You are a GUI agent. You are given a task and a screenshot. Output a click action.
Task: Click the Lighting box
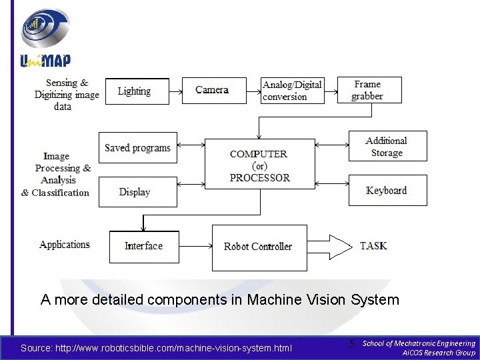point(134,91)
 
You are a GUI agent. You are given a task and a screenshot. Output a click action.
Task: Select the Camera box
point(212,90)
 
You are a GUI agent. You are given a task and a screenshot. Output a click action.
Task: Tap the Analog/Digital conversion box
point(292,91)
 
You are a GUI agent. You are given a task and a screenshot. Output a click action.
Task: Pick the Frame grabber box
point(369,90)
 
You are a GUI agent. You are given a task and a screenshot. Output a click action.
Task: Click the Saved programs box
point(137,148)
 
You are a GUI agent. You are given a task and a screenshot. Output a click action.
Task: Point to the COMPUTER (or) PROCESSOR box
point(259,165)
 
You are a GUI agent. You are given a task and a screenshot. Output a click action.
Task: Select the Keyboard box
point(387,191)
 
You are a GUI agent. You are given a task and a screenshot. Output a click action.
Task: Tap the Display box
point(135,192)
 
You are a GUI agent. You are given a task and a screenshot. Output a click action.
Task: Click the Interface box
point(143,246)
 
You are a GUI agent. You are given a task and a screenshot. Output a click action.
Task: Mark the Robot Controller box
point(259,247)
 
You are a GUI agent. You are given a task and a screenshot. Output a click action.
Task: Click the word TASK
point(373,246)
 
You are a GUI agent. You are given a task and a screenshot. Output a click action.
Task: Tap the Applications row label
point(65,245)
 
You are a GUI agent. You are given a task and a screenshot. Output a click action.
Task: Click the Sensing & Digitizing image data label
point(67,95)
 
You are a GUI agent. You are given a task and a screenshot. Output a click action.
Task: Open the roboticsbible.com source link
point(156,348)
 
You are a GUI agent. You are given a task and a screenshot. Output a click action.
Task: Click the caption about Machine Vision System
point(220,300)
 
